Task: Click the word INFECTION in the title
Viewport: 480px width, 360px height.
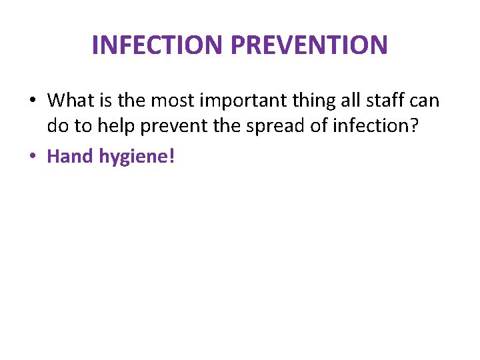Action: [158, 45]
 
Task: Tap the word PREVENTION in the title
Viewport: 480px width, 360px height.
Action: [309, 45]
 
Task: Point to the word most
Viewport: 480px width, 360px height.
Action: [169, 101]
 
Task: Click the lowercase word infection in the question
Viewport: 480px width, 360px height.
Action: [376, 126]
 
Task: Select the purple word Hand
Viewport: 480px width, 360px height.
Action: [71, 157]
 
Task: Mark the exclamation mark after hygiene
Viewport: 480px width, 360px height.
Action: [171, 157]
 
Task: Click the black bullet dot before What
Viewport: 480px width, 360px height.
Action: [33, 101]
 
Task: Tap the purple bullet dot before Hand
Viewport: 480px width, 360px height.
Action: [33, 157]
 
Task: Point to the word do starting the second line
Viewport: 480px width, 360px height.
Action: [57, 126]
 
